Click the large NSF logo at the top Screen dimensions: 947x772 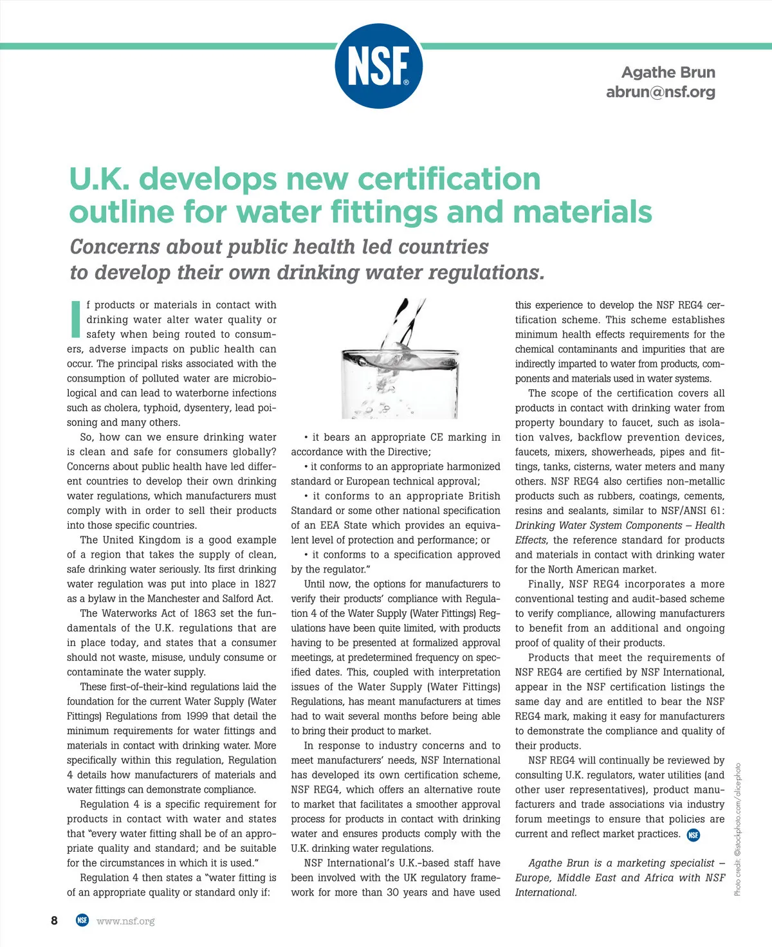click(x=379, y=66)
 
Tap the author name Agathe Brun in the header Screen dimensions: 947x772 click(x=668, y=73)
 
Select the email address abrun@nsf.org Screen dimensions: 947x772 click(x=660, y=92)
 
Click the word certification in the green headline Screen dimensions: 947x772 click(x=449, y=179)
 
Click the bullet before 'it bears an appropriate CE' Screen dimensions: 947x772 click(x=306, y=437)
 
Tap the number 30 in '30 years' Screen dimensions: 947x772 click(x=394, y=892)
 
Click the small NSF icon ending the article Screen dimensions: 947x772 click(x=694, y=835)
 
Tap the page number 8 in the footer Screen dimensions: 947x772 click(x=54, y=921)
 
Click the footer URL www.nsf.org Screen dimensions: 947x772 click(x=125, y=921)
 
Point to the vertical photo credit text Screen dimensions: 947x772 click(x=738, y=829)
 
